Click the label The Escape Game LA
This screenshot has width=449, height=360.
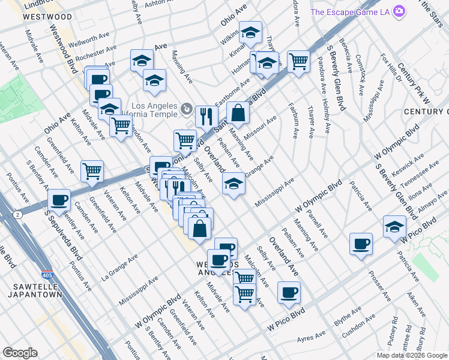pos(352,12)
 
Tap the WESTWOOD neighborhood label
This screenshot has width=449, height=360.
pos(43,17)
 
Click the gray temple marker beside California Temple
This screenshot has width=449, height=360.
pos(186,110)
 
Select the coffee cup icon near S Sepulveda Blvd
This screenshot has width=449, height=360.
pos(59,199)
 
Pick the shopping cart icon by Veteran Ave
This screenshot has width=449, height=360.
pos(92,171)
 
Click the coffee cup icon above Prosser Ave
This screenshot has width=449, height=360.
pos(361,244)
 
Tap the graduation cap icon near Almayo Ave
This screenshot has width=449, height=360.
pos(394,226)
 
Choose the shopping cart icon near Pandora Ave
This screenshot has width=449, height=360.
pos(298,60)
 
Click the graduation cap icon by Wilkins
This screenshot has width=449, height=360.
pos(251,32)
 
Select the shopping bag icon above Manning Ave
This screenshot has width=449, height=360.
pos(238,112)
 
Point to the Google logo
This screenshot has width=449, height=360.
pos(20,353)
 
